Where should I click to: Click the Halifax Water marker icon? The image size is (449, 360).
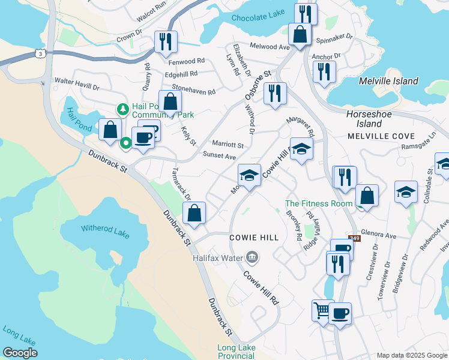(252, 257)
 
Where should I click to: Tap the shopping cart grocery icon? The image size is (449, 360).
(322, 310)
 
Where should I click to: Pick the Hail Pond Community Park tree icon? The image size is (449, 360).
(122, 109)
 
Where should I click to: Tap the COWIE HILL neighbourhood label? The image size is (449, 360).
(255, 238)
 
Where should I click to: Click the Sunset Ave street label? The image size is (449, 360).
(219, 156)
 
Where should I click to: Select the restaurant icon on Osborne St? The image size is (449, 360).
(275, 93)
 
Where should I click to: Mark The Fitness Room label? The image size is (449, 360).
(319, 204)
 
